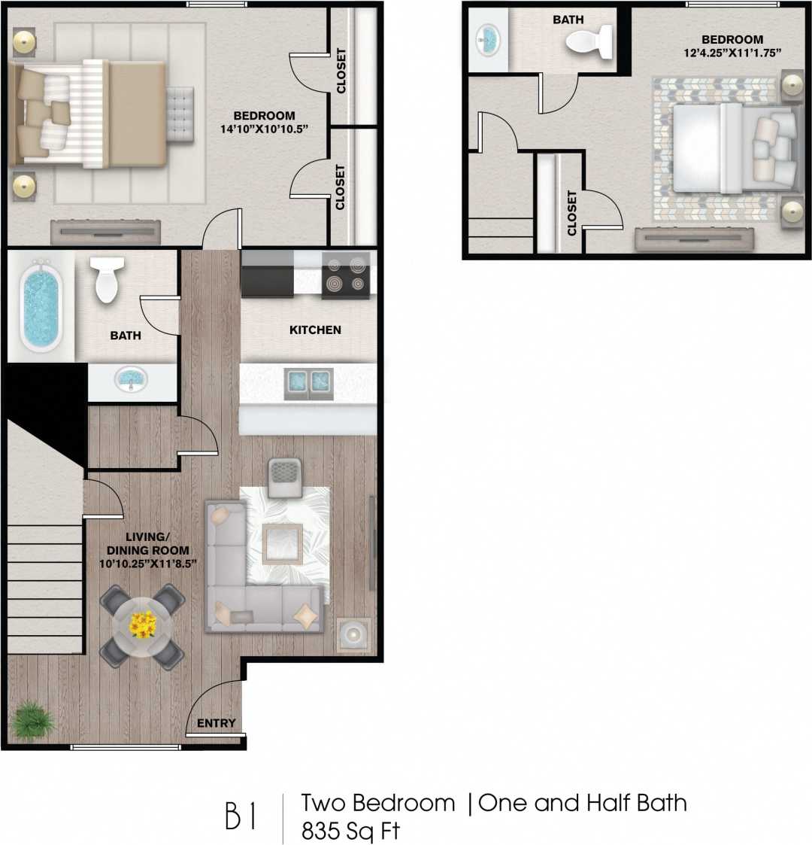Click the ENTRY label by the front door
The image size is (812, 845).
pos(216,723)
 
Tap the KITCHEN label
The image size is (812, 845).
pos(315,330)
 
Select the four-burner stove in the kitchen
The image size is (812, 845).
pos(346,275)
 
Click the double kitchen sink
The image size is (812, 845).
pos(308,383)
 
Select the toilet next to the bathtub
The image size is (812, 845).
pos(107,279)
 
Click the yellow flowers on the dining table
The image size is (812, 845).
pos(143,624)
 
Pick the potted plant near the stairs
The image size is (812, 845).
pos(34,721)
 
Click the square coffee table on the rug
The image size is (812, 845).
pos(283,543)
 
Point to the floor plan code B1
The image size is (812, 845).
pos(241,817)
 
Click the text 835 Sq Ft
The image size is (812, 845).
pos(350,831)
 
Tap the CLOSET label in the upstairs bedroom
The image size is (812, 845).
pos(571,213)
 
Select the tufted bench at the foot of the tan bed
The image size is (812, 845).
pos(180,112)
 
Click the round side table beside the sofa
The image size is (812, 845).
pos(353,634)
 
